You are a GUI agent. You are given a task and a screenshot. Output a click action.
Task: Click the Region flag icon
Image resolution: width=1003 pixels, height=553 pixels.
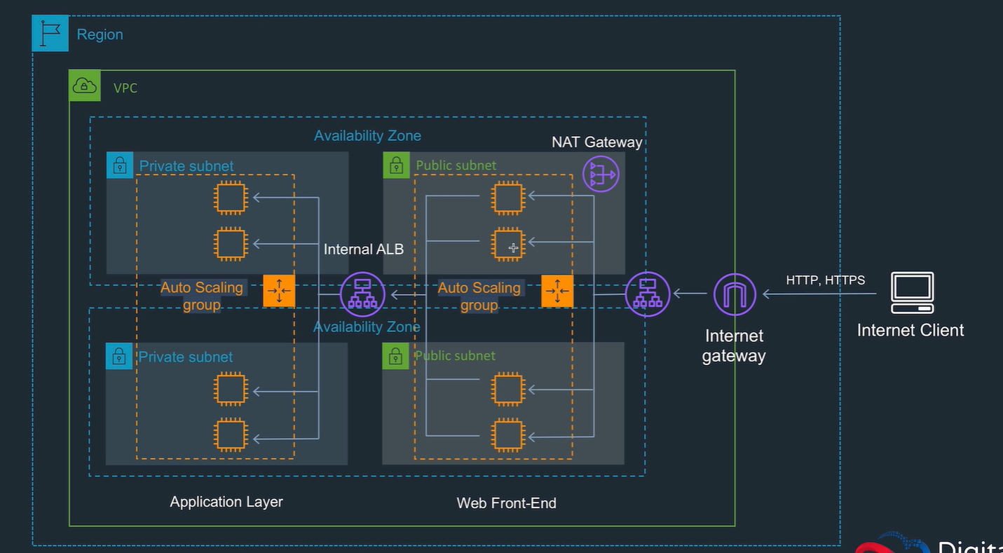tap(50, 34)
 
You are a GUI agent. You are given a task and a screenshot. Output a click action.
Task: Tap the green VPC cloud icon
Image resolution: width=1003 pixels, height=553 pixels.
tap(84, 86)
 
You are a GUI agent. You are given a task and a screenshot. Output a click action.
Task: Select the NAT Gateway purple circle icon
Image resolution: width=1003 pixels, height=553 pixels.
tap(601, 173)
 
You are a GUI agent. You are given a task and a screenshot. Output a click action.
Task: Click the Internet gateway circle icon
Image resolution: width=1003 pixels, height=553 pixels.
tap(735, 294)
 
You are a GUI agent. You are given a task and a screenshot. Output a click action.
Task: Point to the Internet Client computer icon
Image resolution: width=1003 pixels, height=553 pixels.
tap(912, 292)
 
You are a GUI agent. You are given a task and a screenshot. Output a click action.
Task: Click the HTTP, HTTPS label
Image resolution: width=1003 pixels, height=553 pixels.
tap(825, 280)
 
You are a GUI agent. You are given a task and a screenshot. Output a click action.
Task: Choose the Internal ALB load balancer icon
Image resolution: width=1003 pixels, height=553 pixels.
tap(362, 294)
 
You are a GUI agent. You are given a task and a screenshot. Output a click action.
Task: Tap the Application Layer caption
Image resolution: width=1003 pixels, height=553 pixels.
tap(226, 502)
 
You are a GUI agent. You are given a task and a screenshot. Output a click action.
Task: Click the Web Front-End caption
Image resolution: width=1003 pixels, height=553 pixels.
tap(506, 503)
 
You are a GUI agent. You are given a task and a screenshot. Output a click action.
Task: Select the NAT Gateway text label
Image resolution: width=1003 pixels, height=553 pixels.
tap(596, 142)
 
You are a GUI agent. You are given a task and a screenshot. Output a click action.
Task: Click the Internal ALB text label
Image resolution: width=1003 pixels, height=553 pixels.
tap(363, 249)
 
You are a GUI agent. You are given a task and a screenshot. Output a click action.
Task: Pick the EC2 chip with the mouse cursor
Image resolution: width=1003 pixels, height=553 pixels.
tap(508, 245)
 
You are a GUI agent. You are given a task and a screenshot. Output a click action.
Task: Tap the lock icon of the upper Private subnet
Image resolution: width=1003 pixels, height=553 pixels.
tap(120, 165)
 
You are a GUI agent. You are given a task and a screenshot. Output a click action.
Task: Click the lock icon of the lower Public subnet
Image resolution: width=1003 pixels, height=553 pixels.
tap(395, 356)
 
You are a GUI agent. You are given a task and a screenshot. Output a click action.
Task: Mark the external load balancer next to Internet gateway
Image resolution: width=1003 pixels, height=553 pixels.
tap(647, 294)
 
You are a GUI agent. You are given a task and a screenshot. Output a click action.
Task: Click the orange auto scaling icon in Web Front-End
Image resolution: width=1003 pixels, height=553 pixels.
tap(557, 291)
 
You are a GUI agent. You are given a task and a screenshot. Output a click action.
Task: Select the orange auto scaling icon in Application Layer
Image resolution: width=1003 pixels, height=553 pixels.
tap(279, 291)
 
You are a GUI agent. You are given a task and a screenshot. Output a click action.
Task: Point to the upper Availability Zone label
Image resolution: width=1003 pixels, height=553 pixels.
tap(367, 136)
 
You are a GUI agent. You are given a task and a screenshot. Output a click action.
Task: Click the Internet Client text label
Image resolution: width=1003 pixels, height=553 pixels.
tap(910, 330)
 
